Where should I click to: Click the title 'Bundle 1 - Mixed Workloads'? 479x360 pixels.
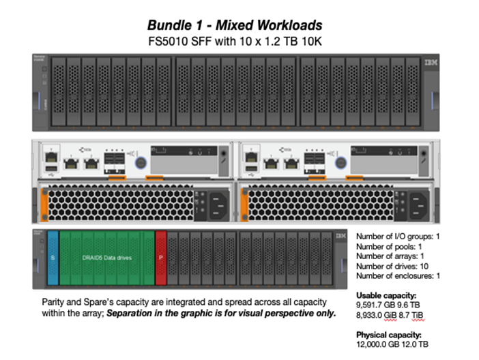click(235, 25)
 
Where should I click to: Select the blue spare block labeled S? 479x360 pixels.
click(53, 259)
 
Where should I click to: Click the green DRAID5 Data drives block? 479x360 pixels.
click(107, 259)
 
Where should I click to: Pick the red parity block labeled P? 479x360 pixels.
click(161, 259)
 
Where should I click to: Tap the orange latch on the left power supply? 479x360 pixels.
click(44, 202)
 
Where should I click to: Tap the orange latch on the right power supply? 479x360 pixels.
click(240, 202)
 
